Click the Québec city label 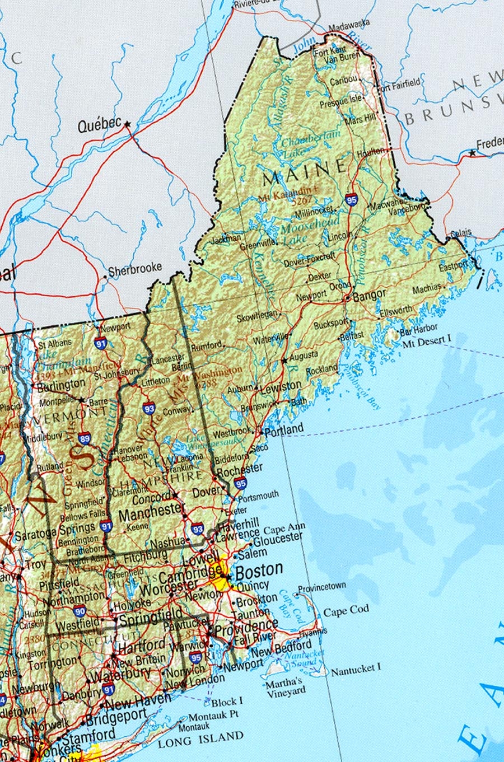coord(99,126)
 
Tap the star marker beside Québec coord(128,124)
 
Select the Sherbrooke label coord(135,270)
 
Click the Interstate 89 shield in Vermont coord(85,438)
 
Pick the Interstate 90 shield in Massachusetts coord(80,611)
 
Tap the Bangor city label coord(369,295)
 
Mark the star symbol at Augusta coord(284,361)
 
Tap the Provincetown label coord(321,588)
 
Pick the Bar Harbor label coord(418,331)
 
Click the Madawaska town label coord(349,24)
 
